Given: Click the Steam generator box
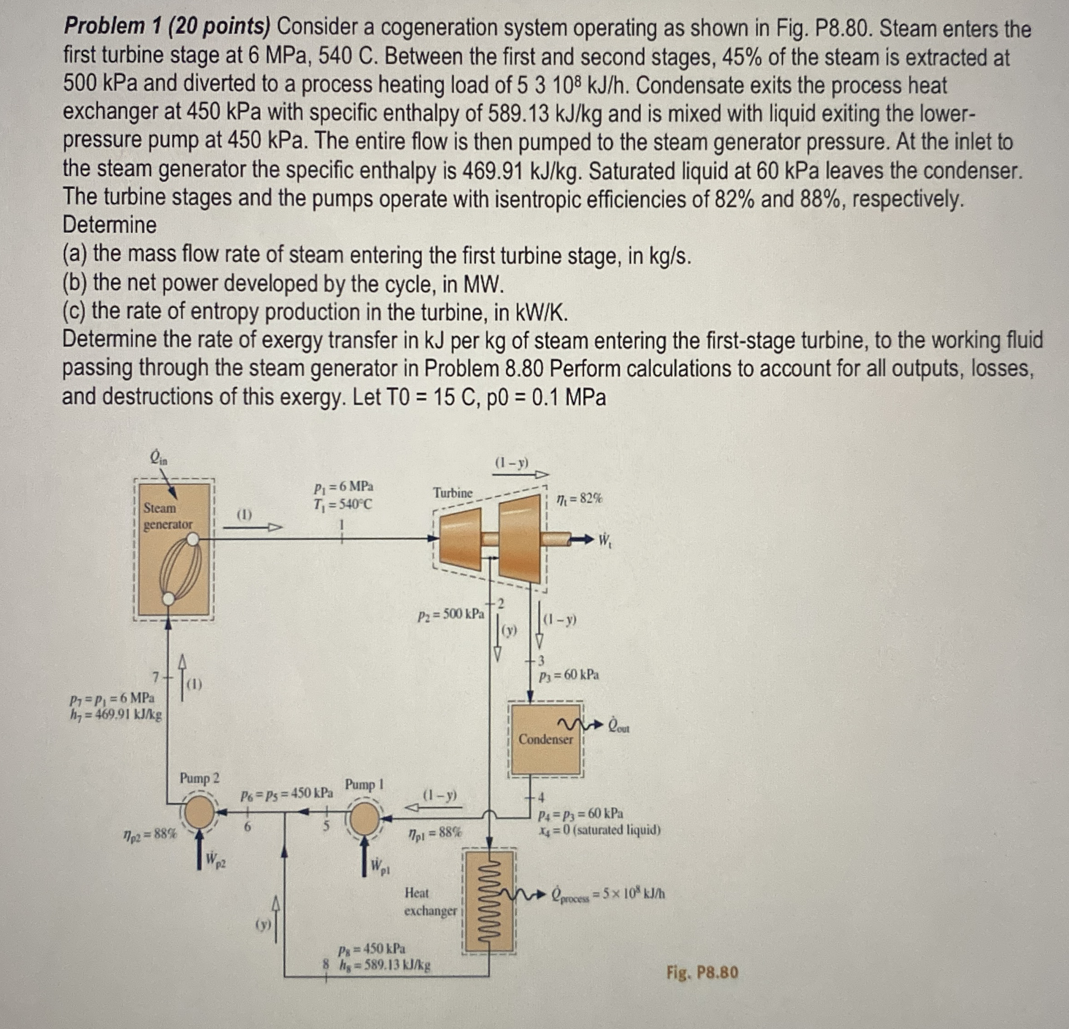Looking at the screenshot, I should tap(173, 550).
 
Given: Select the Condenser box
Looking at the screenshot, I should tap(545, 739).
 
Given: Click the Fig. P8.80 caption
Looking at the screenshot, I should tap(702, 972).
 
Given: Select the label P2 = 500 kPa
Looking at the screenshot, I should tap(451, 615).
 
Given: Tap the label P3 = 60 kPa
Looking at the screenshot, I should tap(569, 675).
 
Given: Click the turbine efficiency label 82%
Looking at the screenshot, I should tap(579, 498).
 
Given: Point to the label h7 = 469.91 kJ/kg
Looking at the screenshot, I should tap(116, 713).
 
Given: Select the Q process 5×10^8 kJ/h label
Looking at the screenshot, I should tap(608, 894).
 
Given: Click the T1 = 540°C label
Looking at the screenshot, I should tap(343, 504).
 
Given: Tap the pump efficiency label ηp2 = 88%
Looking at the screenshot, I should tap(149, 833).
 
